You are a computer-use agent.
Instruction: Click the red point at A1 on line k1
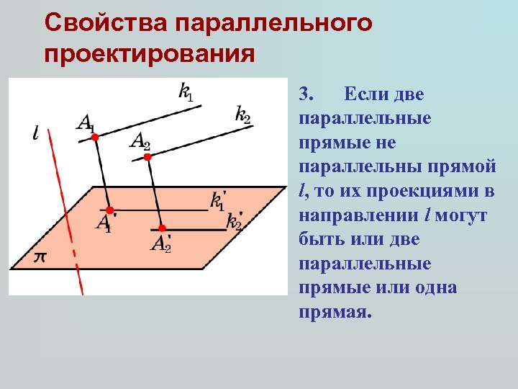pyautogui.click(x=95, y=136)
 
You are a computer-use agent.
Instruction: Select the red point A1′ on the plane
pyautogui.click(x=109, y=209)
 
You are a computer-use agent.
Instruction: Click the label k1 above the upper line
pyautogui.click(x=186, y=91)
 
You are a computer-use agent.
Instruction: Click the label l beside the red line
pyautogui.click(x=36, y=133)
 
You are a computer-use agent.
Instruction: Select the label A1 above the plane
pyautogui.click(x=84, y=122)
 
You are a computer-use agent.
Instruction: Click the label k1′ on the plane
pyautogui.click(x=218, y=201)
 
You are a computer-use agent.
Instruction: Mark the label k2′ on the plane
pyautogui.click(x=235, y=221)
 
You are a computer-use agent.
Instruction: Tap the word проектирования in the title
pyautogui.click(x=149, y=53)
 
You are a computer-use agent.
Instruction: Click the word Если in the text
pyautogui.click(x=364, y=94)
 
